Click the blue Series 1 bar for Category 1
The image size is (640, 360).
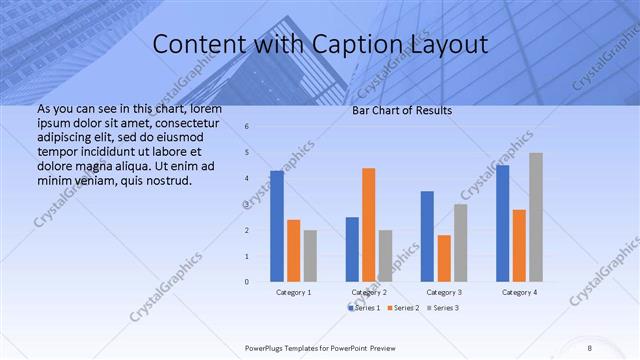[277, 226]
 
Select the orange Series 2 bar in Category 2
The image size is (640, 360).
[368, 225]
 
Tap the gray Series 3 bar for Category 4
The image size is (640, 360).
[536, 217]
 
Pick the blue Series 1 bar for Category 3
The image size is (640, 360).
[427, 236]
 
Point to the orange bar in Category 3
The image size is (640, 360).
[443, 258]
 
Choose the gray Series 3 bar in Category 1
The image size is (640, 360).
[310, 256]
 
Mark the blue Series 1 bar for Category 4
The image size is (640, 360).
[502, 223]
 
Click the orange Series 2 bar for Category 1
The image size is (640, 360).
[293, 250]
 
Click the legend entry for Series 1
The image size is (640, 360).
[365, 308]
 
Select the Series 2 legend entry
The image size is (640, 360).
[403, 308]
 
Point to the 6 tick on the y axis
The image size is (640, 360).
[247, 126]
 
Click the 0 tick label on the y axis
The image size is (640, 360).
[247, 282]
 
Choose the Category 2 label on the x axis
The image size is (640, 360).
[369, 292]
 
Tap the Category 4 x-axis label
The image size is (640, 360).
[518, 292]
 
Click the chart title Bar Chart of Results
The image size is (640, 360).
[402, 110]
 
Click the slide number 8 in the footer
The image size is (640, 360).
[589, 347]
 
